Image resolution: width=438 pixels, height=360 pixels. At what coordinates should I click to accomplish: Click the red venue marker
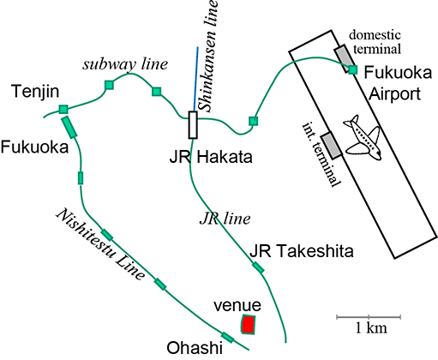pyautogui.click(x=248, y=324)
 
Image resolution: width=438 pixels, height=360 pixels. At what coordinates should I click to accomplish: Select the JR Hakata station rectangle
pyautogui.click(x=193, y=125)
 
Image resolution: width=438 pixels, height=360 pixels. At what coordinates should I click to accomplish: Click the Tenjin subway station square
pyautogui.click(x=63, y=109)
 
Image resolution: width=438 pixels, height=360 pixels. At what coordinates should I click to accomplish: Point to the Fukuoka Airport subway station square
pyautogui.click(x=353, y=69)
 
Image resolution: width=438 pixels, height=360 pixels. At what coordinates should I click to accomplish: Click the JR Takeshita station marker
pyautogui.click(x=258, y=267)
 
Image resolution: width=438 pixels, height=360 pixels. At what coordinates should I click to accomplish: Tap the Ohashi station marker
pyautogui.click(x=228, y=338)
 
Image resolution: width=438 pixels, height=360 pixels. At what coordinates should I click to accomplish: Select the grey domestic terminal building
pyautogui.click(x=345, y=58)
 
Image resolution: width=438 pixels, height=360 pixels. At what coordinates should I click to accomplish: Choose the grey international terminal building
pyautogui.click(x=332, y=146)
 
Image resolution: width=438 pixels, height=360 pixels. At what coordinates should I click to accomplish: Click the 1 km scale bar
pyautogui.click(x=369, y=317)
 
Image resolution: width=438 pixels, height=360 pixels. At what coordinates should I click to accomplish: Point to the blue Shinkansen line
pyautogui.click(x=195, y=79)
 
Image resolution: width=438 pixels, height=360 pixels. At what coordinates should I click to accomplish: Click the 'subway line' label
pyautogui.click(x=125, y=64)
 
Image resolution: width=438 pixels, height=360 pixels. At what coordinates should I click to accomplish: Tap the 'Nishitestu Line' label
pyautogui.click(x=100, y=244)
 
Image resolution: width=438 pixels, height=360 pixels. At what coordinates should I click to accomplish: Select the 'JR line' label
pyautogui.click(x=225, y=219)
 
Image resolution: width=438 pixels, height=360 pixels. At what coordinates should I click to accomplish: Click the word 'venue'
pyautogui.click(x=237, y=305)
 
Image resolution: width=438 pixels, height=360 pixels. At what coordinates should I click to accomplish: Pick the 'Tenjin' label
pyautogui.click(x=35, y=92)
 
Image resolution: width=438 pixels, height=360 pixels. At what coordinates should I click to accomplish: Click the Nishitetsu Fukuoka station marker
pyautogui.click(x=69, y=127)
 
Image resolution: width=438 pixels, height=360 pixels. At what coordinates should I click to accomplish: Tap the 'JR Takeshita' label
pyautogui.click(x=302, y=251)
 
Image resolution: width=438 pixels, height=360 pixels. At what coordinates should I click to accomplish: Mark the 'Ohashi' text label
pyautogui.click(x=195, y=348)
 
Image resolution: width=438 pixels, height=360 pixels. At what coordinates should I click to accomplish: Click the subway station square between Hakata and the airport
pyautogui.click(x=253, y=121)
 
